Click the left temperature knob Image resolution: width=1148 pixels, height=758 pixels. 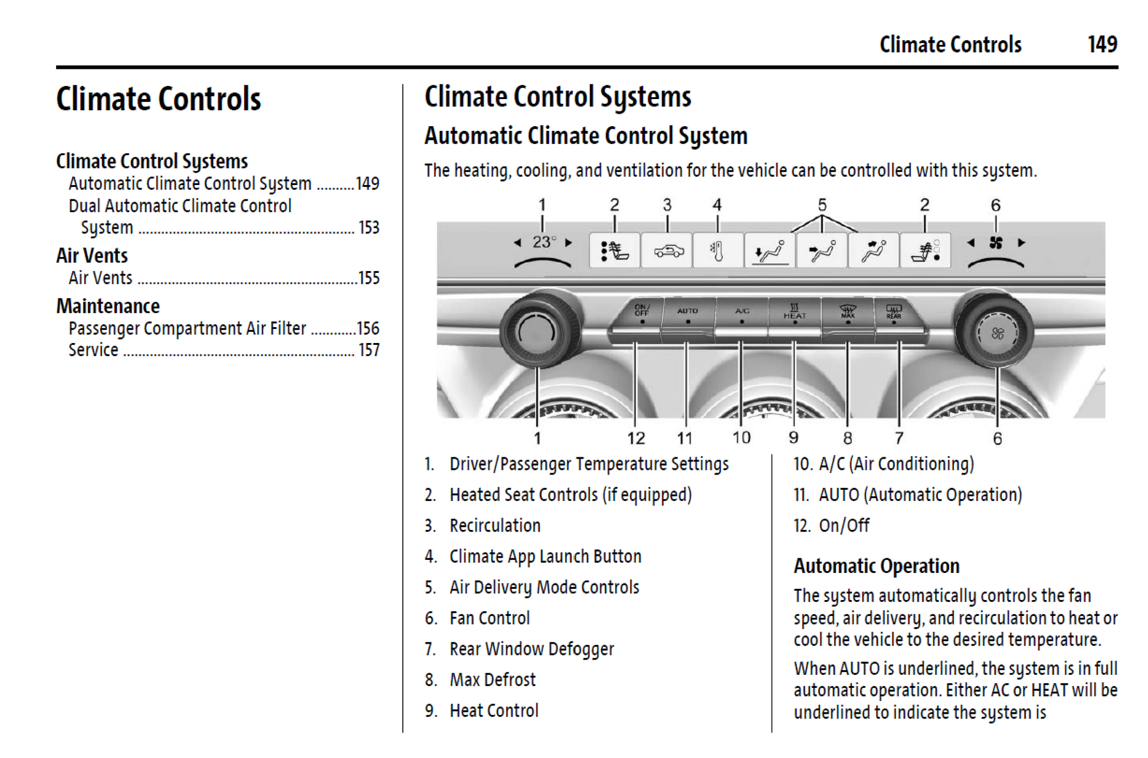pyautogui.click(x=537, y=332)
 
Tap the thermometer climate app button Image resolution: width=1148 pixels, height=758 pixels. pyautogui.click(x=717, y=251)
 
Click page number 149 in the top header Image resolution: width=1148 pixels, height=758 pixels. pyautogui.click(x=1102, y=45)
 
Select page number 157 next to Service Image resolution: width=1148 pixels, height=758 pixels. pyautogui.click(x=369, y=350)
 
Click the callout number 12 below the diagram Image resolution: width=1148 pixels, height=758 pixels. pyautogui.click(x=635, y=438)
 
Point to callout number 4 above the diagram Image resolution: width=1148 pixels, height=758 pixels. pyautogui.click(x=717, y=205)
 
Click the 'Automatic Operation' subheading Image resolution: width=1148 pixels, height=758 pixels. pyautogui.click(x=876, y=566)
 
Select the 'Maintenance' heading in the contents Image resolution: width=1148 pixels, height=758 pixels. pyautogui.click(x=108, y=306)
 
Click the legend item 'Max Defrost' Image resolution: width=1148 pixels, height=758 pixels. pyautogui.click(x=493, y=680)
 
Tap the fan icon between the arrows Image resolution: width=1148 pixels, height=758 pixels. pyautogui.click(x=996, y=242)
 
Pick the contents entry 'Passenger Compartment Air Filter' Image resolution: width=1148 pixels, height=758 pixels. pyautogui.click(x=187, y=328)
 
